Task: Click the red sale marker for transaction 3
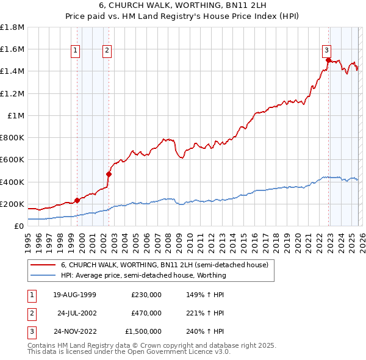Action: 328,60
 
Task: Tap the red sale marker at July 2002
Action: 109,174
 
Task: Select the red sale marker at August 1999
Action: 77,200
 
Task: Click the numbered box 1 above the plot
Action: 76,51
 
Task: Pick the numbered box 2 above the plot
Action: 107,51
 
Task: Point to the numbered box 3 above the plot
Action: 326,51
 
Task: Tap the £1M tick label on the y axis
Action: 16,115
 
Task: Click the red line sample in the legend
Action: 42,265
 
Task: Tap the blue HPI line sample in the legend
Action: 42,275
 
